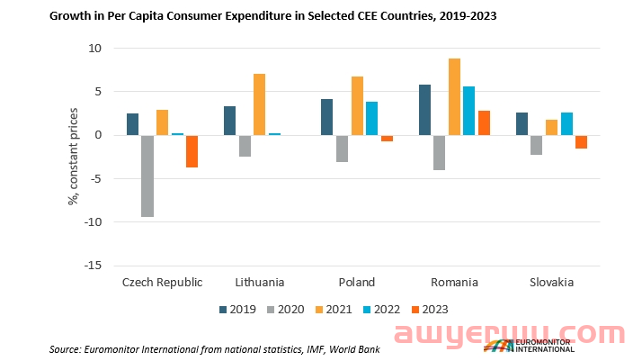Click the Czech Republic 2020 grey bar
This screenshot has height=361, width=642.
click(147, 176)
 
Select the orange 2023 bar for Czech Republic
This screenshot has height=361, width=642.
click(192, 151)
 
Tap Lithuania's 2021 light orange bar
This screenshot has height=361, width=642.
click(259, 104)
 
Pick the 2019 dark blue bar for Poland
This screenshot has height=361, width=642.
click(327, 117)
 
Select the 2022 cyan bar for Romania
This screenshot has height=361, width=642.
click(468, 111)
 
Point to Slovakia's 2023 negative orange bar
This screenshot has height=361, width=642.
click(581, 141)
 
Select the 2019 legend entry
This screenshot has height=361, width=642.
click(236, 309)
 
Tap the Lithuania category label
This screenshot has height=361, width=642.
click(260, 283)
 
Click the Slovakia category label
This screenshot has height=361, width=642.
click(551, 283)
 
